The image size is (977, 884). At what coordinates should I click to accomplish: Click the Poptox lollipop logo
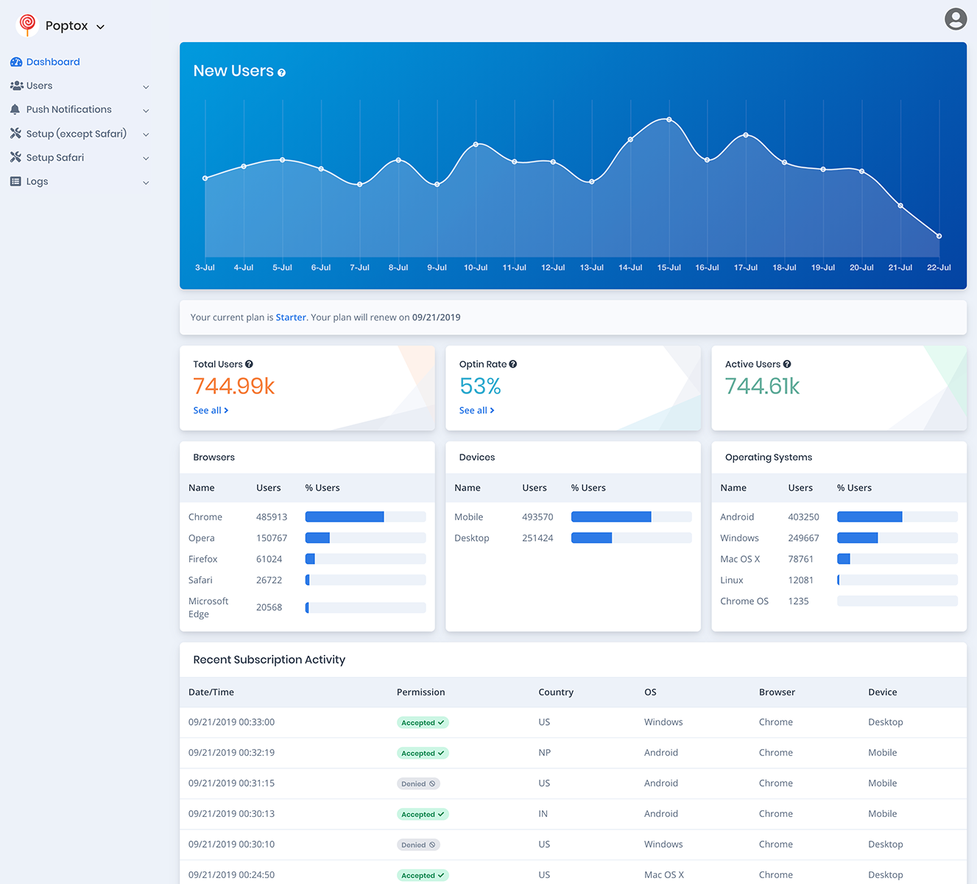click(x=27, y=25)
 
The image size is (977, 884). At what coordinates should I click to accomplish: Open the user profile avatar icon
click(x=955, y=19)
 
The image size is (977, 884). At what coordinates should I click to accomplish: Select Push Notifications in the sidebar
click(x=69, y=110)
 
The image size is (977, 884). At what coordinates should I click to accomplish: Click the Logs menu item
click(x=38, y=182)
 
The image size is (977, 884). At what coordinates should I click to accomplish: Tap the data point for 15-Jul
click(x=669, y=119)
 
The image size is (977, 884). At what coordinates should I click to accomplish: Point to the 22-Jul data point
click(x=939, y=236)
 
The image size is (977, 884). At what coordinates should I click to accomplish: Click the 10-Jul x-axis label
click(x=476, y=267)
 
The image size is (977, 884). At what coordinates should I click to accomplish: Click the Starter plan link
click(x=291, y=318)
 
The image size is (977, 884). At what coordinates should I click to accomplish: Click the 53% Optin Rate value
click(x=480, y=386)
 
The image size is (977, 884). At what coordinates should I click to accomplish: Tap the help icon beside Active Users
click(x=787, y=364)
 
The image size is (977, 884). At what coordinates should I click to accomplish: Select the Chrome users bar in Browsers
click(x=345, y=517)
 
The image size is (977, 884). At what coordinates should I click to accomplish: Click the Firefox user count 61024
click(x=269, y=559)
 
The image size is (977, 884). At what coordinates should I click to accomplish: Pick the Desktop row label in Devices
click(x=471, y=539)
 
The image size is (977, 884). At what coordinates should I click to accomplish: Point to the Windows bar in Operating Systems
click(x=858, y=539)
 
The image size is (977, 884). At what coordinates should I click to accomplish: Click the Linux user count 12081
click(x=800, y=580)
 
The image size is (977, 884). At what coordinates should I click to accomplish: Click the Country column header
click(x=555, y=692)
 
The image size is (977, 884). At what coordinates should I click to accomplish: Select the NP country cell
click(x=544, y=753)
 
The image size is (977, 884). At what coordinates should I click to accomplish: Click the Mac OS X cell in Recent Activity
click(x=663, y=875)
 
